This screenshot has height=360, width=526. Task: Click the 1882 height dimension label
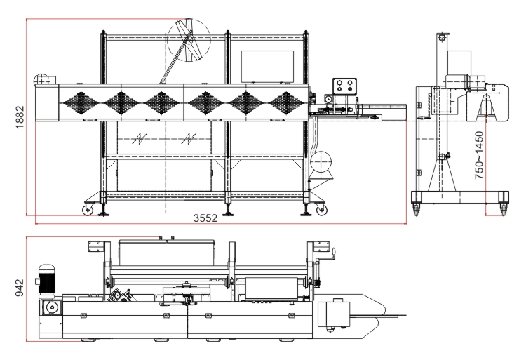20,116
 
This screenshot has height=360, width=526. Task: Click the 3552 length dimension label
205,218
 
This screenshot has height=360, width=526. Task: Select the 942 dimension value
20,288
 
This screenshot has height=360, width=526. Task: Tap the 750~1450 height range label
480,155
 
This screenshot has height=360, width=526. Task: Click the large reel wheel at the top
189,40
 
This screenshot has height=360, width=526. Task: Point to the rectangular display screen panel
267,67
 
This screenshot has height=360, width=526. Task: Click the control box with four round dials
344,85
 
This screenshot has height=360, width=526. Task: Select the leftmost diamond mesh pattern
81,103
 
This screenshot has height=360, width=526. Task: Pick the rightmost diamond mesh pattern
286,103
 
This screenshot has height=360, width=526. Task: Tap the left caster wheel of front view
88,210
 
